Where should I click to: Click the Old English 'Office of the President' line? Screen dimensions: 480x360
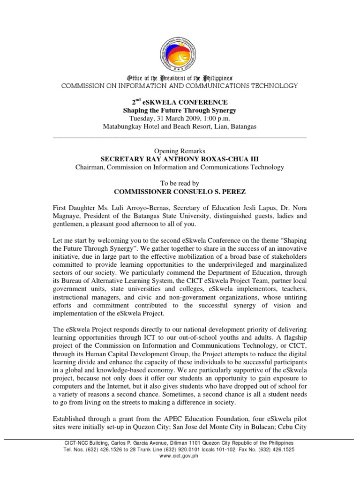[x=180, y=78]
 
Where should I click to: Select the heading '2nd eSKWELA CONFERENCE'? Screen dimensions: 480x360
[x=180, y=102]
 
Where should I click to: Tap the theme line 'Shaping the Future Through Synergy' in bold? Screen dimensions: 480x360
[x=180, y=111]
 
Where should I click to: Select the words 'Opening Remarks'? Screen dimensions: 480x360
[x=180, y=150]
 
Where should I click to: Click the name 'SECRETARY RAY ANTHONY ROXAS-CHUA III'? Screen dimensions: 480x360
[x=180, y=159]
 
